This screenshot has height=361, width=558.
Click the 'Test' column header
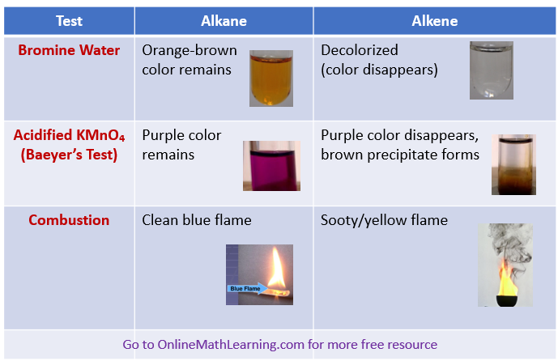[69, 21]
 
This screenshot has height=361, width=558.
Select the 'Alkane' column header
[224, 21]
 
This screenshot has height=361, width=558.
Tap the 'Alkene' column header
[435, 21]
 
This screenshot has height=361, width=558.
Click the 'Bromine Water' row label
[69, 50]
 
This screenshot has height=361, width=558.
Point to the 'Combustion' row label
[69, 220]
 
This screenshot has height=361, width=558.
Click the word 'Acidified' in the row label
[48, 135]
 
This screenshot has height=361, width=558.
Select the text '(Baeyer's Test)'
[69, 155]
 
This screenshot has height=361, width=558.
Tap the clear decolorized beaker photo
[492, 70]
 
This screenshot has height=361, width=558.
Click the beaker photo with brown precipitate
[513, 164]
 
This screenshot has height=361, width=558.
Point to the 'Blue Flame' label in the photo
[244, 288]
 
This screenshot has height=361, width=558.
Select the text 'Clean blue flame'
[197, 220]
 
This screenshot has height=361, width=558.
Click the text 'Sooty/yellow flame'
[384, 220]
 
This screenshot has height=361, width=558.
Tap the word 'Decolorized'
[360, 50]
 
